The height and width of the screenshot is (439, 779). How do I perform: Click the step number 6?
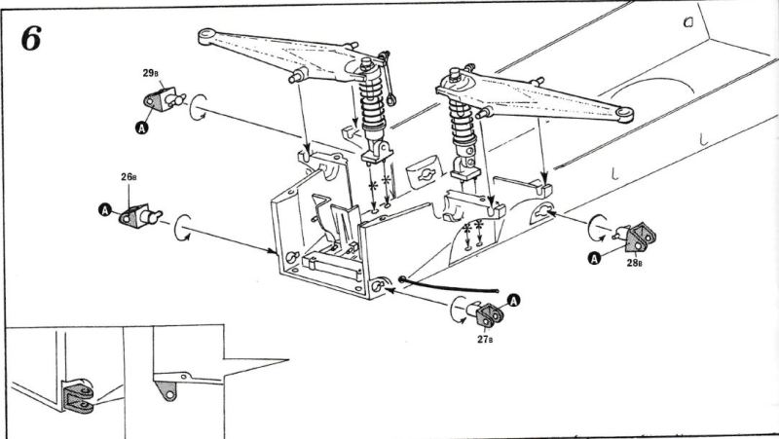pyautogui.click(x=31, y=39)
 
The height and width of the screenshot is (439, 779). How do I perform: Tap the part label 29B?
pyautogui.click(x=150, y=74)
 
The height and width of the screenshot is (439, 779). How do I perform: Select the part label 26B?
pyautogui.click(x=129, y=177)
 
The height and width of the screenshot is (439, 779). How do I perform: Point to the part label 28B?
pyautogui.click(x=634, y=263)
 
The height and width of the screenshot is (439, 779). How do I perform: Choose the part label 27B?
pyautogui.click(x=485, y=339)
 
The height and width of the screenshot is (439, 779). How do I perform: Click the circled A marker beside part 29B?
pyautogui.click(x=142, y=128)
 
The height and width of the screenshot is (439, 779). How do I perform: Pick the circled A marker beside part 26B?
pyautogui.click(x=105, y=209)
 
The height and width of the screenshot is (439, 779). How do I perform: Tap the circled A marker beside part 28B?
pyautogui.click(x=594, y=258)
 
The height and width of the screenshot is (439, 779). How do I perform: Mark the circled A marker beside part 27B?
pyautogui.click(x=514, y=300)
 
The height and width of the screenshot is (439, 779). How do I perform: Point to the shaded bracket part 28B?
pyautogui.click(x=638, y=237)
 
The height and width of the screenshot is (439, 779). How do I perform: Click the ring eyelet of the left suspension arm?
pyautogui.click(x=206, y=36)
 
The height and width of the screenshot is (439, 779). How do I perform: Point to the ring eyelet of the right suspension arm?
pyautogui.click(x=624, y=114)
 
